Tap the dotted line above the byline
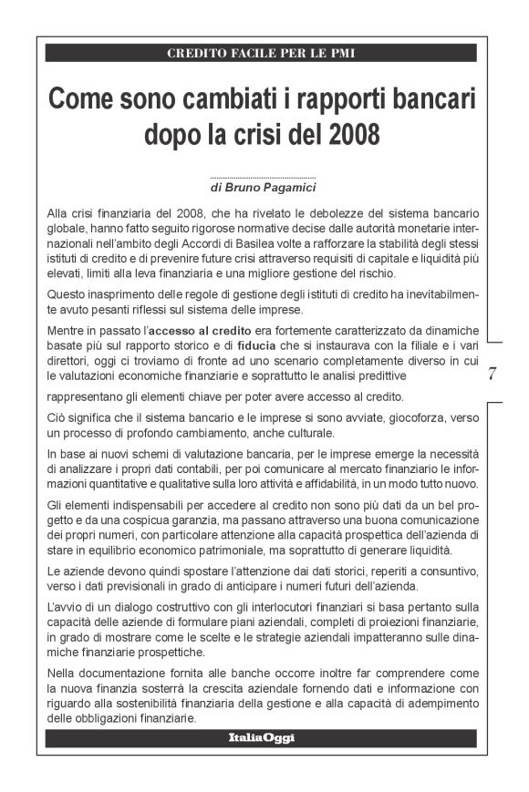tap(263, 178)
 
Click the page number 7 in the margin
tap(492, 372)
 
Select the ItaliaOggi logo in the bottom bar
tap(262, 737)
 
